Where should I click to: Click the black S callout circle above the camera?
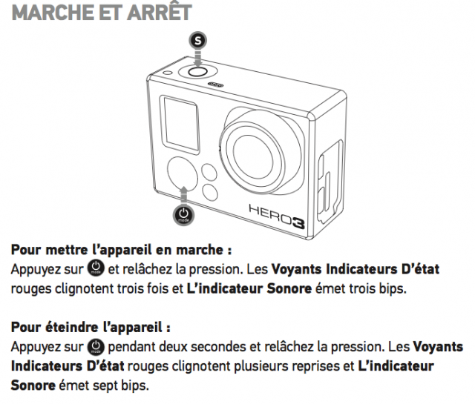(x=197, y=40)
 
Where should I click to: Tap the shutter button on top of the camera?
(x=197, y=72)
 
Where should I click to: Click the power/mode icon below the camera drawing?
(x=183, y=214)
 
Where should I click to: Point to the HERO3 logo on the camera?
(x=277, y=216)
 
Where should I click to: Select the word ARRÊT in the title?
(x=159, y=12)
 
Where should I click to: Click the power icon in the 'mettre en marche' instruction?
(x=96, y=269)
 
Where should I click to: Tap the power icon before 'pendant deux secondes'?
(x=96, y=347)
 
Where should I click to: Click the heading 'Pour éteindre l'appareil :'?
(x=91, y=327)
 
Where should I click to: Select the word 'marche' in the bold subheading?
(x=200, y=250)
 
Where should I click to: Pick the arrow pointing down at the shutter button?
(x=198, y=58)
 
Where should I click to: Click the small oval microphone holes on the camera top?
(x=215, y=85)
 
